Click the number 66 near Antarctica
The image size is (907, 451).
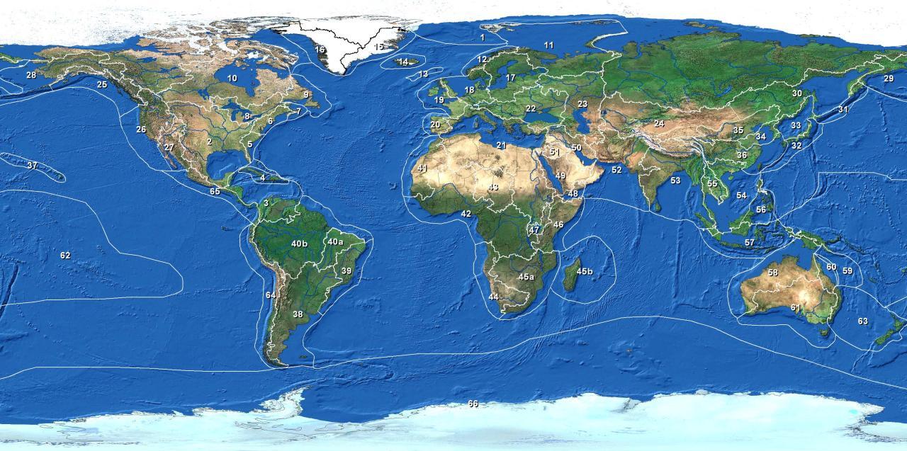[473, 404]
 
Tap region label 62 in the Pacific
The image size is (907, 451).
[65, 255]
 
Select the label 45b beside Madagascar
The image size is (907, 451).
[585, 271]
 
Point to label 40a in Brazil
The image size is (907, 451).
[335, 241]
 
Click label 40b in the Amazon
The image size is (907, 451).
[299, 244]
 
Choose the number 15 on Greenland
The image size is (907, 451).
[378, 47]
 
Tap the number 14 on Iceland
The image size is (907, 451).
[403, 62]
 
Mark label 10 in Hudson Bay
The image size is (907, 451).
[232, 78]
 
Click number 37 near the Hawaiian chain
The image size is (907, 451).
[32, 165]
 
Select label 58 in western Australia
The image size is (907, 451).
[773, 273]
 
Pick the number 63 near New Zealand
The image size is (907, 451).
[862, 321]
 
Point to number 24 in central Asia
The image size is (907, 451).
[659, 123]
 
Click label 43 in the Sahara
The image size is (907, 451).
[493, 187]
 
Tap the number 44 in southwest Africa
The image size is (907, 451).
[493, 297]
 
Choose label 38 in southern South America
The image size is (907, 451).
[298, 314]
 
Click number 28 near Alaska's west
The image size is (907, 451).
[31, 74]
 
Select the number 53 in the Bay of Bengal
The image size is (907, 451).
[675, 181]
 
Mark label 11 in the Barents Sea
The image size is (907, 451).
[548, 45]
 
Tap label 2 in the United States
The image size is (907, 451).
[209, 142]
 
